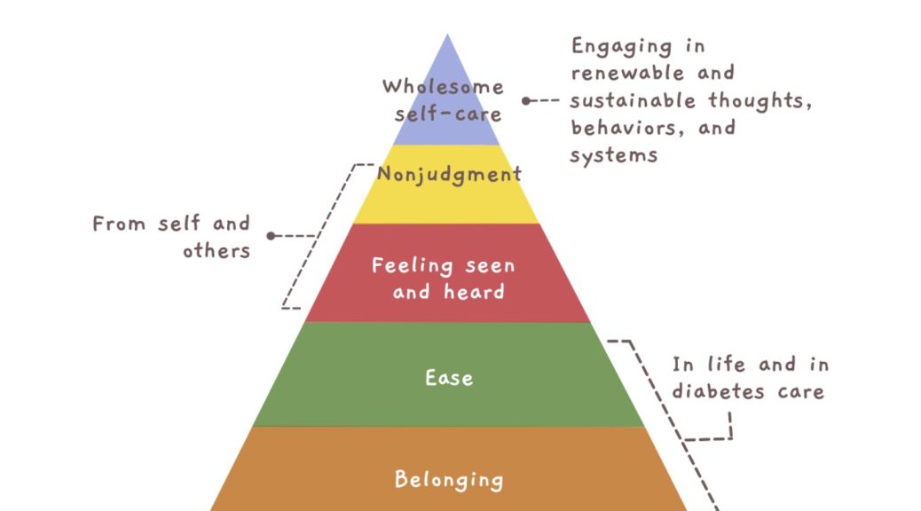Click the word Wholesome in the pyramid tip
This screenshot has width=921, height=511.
pyautogui.click(x=443, y=86)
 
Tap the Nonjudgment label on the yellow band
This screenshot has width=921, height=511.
pyautogui.click(x=449, y=174)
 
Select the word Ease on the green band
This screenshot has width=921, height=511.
pyautogui.click(x=449, y=378)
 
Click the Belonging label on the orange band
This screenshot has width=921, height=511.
pyautogui.click(x=449, y=480)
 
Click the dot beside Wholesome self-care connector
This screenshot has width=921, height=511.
pyautogui.click(x=525, y=101)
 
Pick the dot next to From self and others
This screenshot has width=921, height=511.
pyautogui.click(x=271, y=236)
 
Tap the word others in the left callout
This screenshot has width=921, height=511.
pyautogui.click(x=216, y=250)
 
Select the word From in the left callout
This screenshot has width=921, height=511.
pyautogui.click(x=120, y=223)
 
